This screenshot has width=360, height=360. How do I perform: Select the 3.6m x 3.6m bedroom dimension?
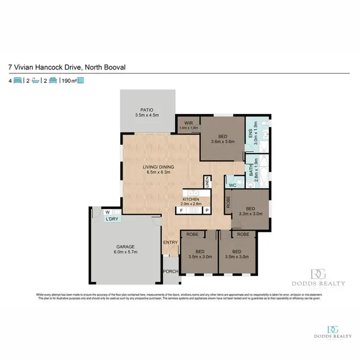tap(222, 142)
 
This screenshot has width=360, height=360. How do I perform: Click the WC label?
tap(232, 185)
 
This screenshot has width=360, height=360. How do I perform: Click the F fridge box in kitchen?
tap(181, 210)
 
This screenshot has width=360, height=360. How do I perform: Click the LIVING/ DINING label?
tap(158, 167)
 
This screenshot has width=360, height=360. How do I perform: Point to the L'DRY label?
tap(112, 219)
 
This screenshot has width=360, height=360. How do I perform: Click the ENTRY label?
tap(170, 242)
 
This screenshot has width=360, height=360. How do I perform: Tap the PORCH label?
tap(171, 271)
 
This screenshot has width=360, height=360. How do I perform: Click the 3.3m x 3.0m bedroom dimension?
tap(251, 214)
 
